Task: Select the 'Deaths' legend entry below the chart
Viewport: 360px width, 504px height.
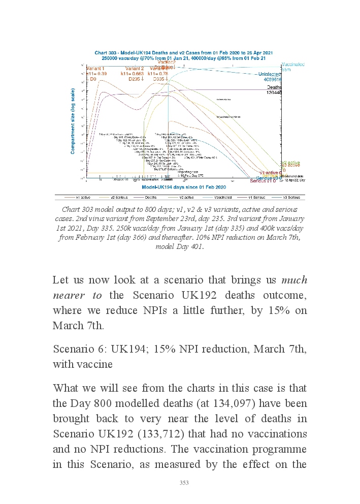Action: point(151,197)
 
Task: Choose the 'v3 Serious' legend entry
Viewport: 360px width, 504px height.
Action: point(291,197)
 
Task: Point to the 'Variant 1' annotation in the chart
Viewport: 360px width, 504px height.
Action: point(95,69)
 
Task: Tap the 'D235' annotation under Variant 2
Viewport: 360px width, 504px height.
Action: point(134,79)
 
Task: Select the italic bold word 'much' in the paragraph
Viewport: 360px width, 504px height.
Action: point(294,280)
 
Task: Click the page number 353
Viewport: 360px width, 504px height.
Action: point(184,483)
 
